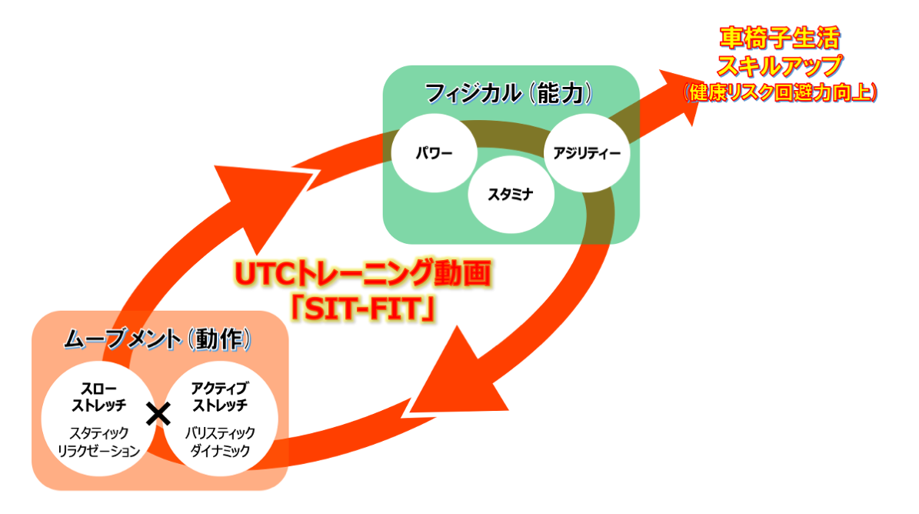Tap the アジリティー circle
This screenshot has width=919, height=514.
(587, 152)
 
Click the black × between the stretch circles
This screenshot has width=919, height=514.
(158, 415)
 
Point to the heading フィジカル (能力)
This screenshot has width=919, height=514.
(509, 93)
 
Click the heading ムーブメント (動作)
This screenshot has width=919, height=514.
(158, 339)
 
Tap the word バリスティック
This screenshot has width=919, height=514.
(219, 433)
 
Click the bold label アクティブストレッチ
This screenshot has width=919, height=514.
(219, 396)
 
